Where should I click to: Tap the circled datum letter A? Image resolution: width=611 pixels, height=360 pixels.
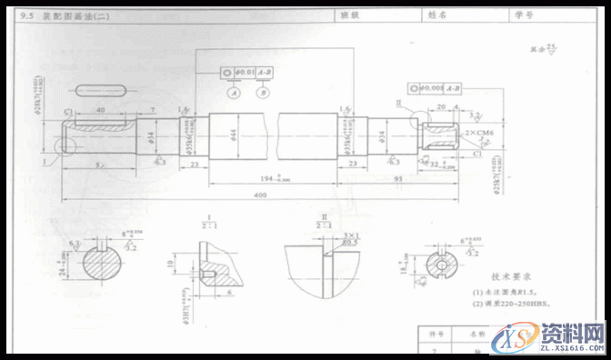[234, 93]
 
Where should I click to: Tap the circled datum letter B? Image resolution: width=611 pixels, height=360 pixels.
[264, 93]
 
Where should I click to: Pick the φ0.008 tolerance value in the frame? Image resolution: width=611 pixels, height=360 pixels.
[434, 87]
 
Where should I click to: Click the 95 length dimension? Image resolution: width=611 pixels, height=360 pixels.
[397, 179]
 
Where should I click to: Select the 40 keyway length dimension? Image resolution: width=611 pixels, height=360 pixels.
[98, 109]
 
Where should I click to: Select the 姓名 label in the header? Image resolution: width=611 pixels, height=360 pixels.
[440, 14]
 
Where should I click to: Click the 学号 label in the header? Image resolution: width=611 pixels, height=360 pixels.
[523, 14]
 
